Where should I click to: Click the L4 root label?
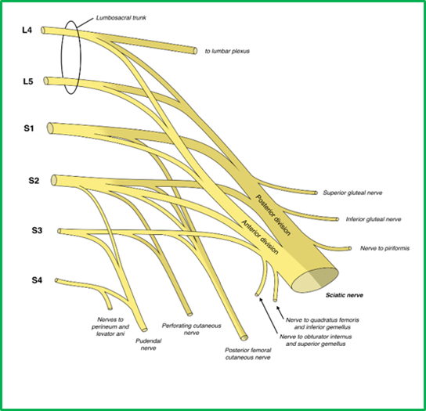pyautogui.click(x=27, y=31)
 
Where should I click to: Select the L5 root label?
pyautogui.click(x=28, y=81)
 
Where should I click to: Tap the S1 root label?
pyautogui.click(x=29, y=128)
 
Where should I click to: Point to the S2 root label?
pyautogui.click(x=34, y=181)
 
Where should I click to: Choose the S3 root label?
pyautogui.click(x=37, y=230)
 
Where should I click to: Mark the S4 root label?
pyautogui.click(x=37, y=280)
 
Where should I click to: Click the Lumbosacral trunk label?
pyautogui.click(x=121, y=18)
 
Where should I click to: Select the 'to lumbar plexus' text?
pyautogui.click(x=227, y=51)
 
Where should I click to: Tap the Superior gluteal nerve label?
pyautogui.click(x=352, y=193)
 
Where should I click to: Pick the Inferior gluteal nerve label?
pyautogui.click(x=374, y=219)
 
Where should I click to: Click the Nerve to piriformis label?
pyautogui.click(x=384, y=248)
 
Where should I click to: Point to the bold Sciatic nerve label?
pyautogui.click(x=345, y=295)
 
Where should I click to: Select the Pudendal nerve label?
pyautogui.click(x=148, y=344)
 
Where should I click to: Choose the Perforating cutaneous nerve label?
pyautogui.click(x=192, y=329)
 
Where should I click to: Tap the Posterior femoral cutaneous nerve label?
pyautogui.click(x=247, y=354)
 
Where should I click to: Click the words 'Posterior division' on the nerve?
pyautogui.click(x=273, y=215)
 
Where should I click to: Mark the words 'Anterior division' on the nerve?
pyautogui.click(x=260, y=237)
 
